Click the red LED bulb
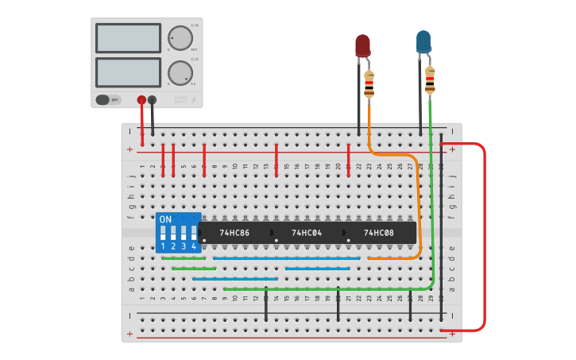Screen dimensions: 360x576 point(362,45)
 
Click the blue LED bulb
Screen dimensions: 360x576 point(423,41)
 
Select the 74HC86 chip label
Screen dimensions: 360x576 point(234,233)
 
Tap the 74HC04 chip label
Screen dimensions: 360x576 point(306,233)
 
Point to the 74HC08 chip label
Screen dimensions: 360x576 point(378,233)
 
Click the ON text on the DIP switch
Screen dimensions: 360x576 point(165,219)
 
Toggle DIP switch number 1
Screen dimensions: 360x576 point(163,233)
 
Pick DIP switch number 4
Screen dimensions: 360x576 point(193,233)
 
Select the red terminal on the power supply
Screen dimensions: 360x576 point(141,100)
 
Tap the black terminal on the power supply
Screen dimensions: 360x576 point(152,100)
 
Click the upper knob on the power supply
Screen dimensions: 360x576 point(180,38)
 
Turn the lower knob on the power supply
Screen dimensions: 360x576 point(180,73)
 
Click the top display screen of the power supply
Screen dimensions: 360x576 point(128,38)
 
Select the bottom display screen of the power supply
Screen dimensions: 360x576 point(128,72)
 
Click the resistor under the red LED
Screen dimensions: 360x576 point(369,84)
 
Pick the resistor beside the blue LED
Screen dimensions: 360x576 point(430,79)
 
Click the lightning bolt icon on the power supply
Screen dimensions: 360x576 point(194,100)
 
